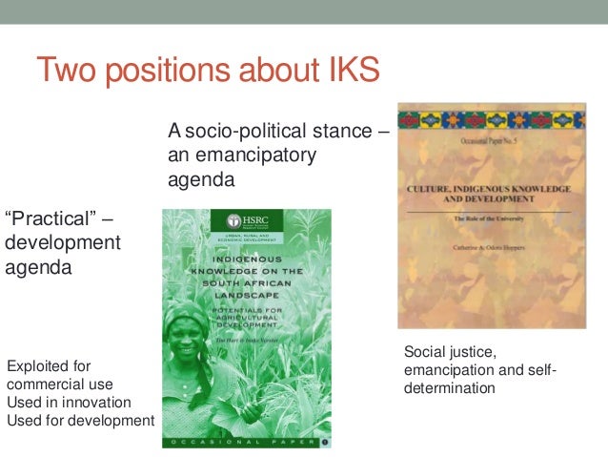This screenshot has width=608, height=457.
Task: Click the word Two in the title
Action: tap(68, 72)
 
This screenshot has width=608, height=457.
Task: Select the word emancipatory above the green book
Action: tap(256, 155)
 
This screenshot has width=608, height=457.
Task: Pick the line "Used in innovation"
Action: tap(69, 402)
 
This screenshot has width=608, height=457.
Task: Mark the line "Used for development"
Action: tap(80, 420)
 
